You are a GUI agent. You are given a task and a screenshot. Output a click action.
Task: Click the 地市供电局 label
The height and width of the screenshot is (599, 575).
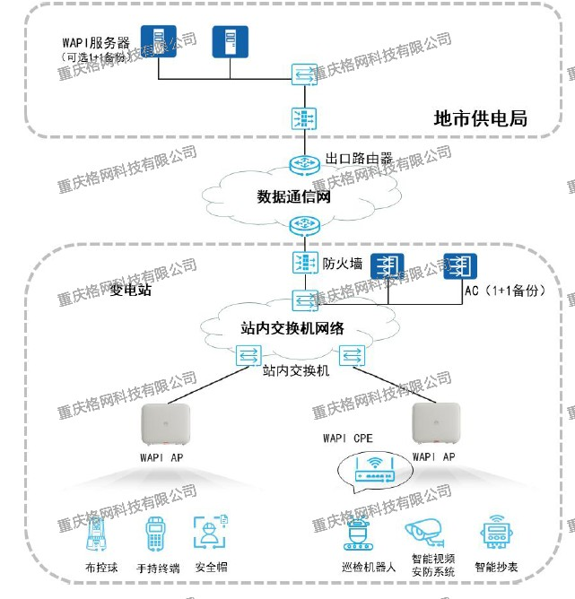tap(479, 117)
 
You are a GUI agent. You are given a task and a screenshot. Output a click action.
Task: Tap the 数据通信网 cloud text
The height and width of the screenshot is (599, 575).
tap(294, 196)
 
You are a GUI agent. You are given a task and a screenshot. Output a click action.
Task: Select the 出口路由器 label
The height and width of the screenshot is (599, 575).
tap(359, 159)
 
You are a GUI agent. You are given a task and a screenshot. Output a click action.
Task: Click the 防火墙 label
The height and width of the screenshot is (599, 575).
tap(342, 264)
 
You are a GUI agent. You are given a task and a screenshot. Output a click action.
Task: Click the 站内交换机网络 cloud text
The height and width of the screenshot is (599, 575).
tap(292, 327)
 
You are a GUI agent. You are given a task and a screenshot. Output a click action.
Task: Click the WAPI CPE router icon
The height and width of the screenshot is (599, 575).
tap(369, 465)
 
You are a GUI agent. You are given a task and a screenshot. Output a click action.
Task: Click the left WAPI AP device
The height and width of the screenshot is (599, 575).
tap(165, 425)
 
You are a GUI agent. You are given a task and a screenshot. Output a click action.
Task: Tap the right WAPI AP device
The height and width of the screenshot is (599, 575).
tap(436, 425)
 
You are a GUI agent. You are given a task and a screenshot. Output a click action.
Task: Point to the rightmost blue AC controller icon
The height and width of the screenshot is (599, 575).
tap(459, 265)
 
